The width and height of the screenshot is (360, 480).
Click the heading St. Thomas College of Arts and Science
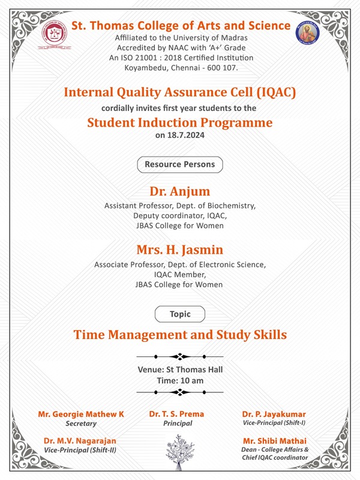tap(180, 26)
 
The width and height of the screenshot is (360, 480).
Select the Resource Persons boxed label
tap(180, 164)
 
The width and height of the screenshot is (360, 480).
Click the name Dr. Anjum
tap(180, 192)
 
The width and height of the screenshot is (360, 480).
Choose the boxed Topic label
tap(180, 313)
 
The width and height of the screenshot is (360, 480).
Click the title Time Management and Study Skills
tap(180, 335)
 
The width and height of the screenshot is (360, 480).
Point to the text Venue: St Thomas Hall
tap(180, 369)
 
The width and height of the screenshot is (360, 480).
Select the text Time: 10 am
tap(180, 380)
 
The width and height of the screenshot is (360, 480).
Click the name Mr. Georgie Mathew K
tap(81, 414)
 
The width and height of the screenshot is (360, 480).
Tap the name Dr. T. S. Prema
tap(176, 414)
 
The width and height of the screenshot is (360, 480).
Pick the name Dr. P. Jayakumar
tap(274, 414)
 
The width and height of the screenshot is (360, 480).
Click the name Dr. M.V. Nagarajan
tap(80, 440)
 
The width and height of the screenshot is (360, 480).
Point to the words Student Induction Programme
tap(180, 123)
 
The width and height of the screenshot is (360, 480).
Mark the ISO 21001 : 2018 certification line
tap(180, 58)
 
